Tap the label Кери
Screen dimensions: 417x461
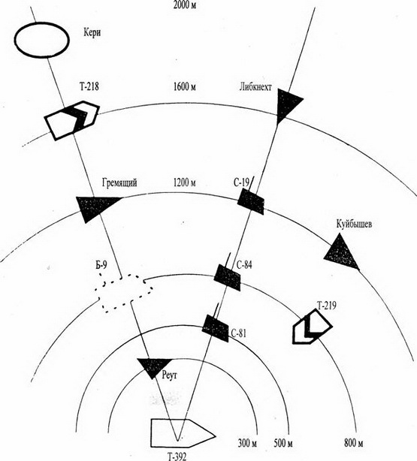(x=92, y=32)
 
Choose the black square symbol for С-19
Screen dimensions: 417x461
(x=251, y=201)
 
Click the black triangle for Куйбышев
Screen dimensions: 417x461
(x=342, y=253)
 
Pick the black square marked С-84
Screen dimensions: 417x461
(x=227, y=277)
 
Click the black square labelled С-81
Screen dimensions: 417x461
(x=216, y=328)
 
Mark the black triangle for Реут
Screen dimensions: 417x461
(x=154, y=367)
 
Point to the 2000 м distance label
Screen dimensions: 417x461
(x=185, y=5)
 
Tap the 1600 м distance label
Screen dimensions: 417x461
(x=185, y=87)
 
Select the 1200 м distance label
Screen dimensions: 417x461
(x=185, y=182)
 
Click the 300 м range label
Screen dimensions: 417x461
(x=247, y=443)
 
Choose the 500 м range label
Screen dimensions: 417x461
(x=283, y=443)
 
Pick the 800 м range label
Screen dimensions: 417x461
(x=354, y=443)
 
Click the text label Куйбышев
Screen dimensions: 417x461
(x=354, y=224)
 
